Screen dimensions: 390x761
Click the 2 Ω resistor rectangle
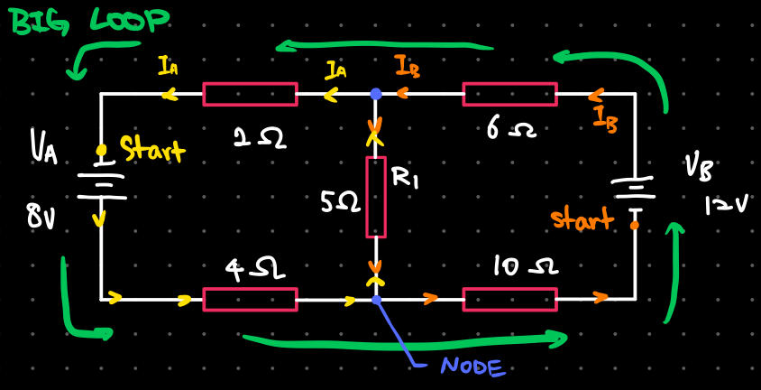[x=250, y=94]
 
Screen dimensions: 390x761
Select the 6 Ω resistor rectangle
[x=509, y=94]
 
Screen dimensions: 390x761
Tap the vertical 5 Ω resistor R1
[x=376, y=197]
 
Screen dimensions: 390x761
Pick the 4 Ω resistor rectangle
[x=250, y=299]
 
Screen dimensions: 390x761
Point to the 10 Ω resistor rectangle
[x=509, y=299]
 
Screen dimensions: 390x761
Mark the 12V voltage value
[x=726, y=206]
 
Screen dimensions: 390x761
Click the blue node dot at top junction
[x=376, y=94]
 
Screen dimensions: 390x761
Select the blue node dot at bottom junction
[x=376, y=299]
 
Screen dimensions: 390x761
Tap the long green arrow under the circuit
[x=406, y=341]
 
